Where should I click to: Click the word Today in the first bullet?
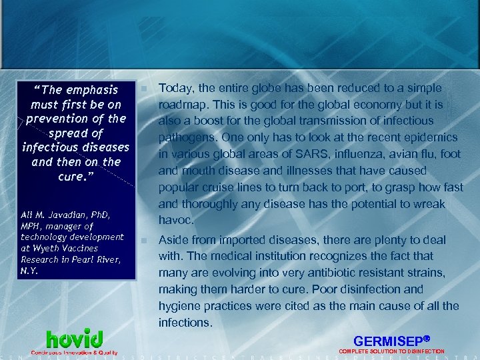(x=174, y=89)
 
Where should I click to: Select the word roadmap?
(x=181, y=105)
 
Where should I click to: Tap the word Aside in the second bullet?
(x=173, y=240)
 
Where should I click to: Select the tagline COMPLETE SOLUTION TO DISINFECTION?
(x=392, y=351)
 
